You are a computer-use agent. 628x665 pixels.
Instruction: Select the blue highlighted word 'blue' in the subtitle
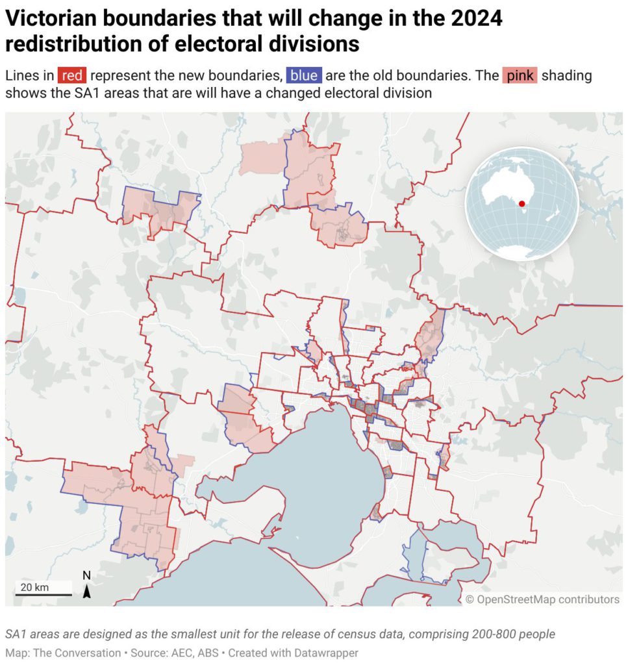tap(304, 75)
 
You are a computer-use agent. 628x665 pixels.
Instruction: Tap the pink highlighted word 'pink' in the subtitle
tap(520, 75)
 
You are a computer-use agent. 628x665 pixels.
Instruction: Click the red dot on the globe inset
tap(521, 204)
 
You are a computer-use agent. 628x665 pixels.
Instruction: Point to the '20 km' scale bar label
tap(34, 587)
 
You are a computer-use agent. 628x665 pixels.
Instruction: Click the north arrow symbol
tap(86, 591)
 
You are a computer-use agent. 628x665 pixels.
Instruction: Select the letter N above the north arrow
tap(86, 575)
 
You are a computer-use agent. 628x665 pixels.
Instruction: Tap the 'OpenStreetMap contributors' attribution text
tap(547, 599)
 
